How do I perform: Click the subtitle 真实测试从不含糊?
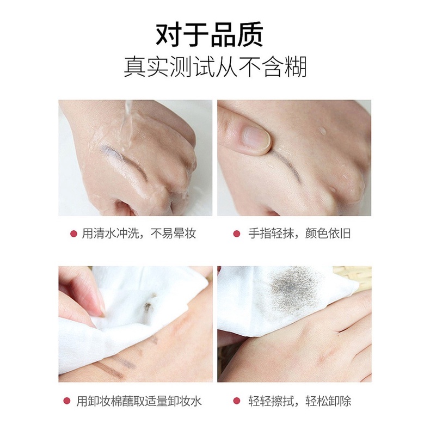[x=215, y=67]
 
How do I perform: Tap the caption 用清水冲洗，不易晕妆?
[x=139, y=234]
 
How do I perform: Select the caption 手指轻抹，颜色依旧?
[x=299, y=234]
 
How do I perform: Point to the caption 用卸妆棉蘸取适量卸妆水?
[x=139, y=401]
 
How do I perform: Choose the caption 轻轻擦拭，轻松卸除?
[x=299, y=401]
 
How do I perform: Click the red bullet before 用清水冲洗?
[x=73, y=234]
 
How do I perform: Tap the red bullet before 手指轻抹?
[x=237, y=234]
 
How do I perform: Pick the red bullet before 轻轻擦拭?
[x=237, y=401]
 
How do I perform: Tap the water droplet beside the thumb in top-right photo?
[x=323, y=131]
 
